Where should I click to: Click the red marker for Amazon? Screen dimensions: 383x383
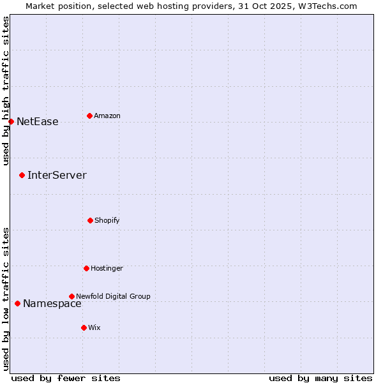tap(89, 116)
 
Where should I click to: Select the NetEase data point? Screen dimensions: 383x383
tap(11, 121)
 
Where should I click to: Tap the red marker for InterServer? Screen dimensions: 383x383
tap(22, 175)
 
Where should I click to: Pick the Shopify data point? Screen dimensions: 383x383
tap(90, 220)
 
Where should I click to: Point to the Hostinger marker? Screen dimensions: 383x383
tap(86, 268)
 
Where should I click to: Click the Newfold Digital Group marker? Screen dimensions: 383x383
tap(71, 296)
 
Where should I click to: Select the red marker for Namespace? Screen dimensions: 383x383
tap(17, 303)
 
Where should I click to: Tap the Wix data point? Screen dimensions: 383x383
tap(84, 327)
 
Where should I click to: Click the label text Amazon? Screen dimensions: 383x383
tap(107, 116)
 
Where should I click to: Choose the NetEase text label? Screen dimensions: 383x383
tap(37, 122)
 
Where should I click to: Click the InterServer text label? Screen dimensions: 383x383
tap(57, 176)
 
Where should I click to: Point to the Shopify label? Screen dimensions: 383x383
tap(107, 221)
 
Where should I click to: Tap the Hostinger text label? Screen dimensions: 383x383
tap(107, 269)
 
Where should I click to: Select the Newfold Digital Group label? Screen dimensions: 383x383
tap(113, 296)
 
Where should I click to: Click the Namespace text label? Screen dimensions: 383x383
tap(52, 304)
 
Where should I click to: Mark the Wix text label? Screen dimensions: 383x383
tap(94, 328)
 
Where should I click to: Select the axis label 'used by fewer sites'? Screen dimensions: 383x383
tap(66, 378)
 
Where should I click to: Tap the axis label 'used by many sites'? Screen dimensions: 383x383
tap(320, 378)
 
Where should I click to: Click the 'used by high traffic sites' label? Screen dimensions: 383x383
tap(6, 91)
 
